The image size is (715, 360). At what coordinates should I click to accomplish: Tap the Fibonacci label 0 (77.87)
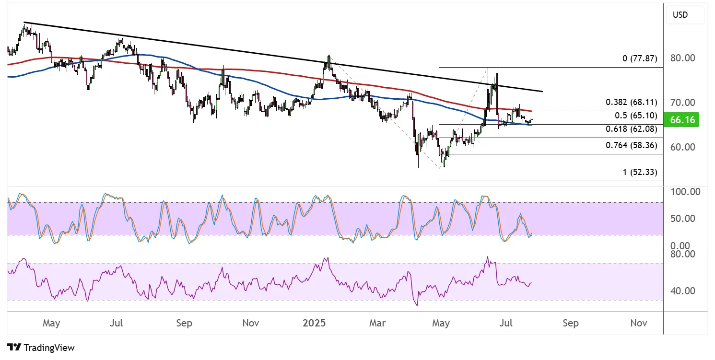[x=640, y=59]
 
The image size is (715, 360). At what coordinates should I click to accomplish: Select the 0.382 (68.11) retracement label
[x=631, y=102]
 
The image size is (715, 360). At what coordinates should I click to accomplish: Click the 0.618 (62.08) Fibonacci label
[x=631, y=129]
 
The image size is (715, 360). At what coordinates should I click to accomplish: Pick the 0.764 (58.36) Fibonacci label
[x=631, y=145]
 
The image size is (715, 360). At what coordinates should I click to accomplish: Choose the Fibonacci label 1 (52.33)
[x=640, y=172]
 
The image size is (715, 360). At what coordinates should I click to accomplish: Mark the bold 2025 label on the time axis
[x=314, y=323]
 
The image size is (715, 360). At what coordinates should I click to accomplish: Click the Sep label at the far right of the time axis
[x=571, y=323]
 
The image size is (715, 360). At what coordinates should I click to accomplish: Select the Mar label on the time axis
[x=377, y=323]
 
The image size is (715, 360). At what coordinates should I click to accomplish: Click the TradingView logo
[x=41, y=348]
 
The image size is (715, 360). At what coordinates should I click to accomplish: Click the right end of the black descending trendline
[x=542, y=91]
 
